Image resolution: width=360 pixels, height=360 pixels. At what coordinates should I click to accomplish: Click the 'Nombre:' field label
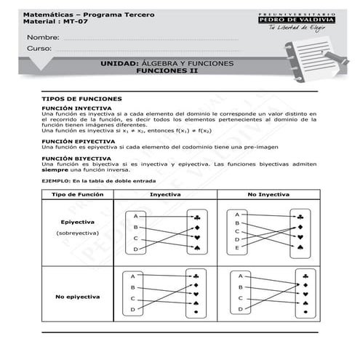43,37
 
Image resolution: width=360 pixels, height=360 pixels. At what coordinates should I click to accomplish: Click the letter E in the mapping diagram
237,249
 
